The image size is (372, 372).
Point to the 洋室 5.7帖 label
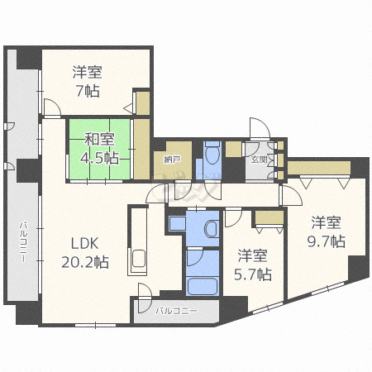pos(253,264)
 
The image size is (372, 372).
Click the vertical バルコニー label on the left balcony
pos(24,240)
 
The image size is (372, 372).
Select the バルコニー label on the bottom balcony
pos(176,311)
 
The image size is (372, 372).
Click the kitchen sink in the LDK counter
pos(136,260)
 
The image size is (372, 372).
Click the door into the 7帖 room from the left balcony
pos(49,108)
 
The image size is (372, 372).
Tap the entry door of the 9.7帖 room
pos(290,195)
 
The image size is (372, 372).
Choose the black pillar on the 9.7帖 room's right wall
pos(357,269)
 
